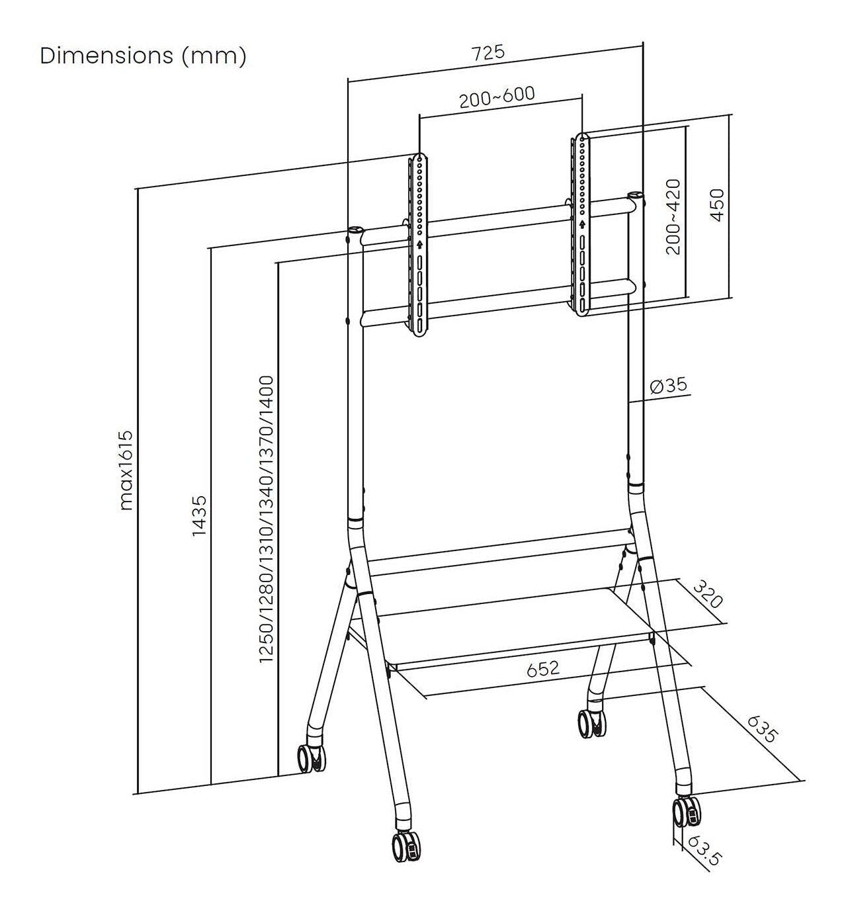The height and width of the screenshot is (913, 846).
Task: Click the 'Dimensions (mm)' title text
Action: (x=143, y=56)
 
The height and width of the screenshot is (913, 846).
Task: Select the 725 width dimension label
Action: (x=488, y=53)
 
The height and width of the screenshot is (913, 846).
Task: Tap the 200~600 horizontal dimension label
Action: (x=497, y=97)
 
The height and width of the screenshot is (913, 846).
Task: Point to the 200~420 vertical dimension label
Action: (x=673, y=216)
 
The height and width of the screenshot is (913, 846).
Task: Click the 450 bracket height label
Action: (x=717, y=205)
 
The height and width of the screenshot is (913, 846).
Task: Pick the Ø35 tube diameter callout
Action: (x=669, y=386)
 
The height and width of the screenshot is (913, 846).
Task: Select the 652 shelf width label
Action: (x=543, y=669)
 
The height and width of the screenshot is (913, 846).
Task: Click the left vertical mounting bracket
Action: (x=420, y=245)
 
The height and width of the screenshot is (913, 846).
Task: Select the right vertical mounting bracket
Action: (x=581, y=224)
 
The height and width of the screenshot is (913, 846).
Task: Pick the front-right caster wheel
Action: (x=685, y=811)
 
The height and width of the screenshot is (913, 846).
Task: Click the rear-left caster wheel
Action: (x=310, y=758)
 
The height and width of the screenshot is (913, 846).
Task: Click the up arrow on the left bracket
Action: (x=420, y=243)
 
